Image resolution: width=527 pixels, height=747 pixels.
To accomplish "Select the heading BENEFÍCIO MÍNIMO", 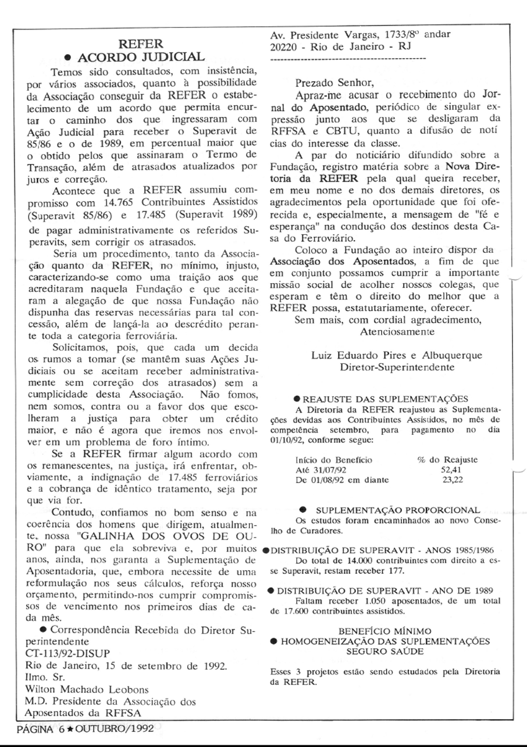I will point(385,631).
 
